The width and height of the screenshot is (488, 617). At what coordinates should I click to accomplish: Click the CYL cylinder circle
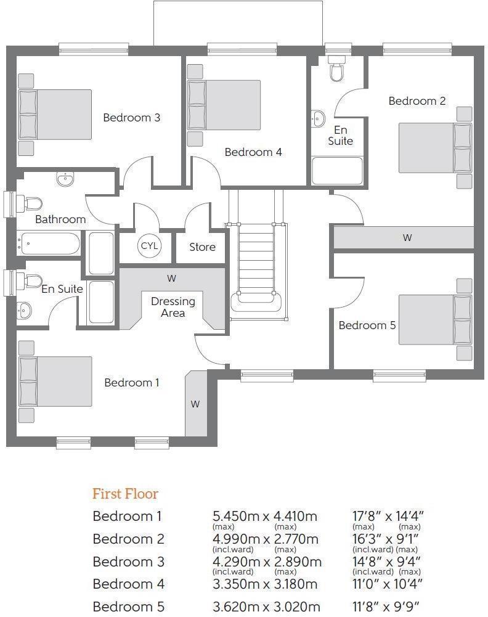(149, 246)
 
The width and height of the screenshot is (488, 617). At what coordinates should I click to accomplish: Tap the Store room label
(202, 247)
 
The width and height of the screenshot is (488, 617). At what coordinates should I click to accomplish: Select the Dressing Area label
(173, 307)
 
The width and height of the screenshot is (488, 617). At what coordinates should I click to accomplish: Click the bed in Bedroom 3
(55, 115)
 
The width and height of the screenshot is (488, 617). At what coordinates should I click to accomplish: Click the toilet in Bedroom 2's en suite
(336, 68)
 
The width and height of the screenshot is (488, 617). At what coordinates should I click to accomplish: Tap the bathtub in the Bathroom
(49, 244)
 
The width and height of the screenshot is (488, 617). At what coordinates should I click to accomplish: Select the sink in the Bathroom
(65, 179)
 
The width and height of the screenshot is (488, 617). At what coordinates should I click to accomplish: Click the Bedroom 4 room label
(253, 152)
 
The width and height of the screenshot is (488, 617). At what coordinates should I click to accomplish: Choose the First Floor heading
(125, 494)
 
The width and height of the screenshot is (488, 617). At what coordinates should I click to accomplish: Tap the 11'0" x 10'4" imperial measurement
(387, 584)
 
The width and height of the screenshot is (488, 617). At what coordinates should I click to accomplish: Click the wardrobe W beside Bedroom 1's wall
(195, 404)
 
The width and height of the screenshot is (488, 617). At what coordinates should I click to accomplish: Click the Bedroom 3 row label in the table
(123, 562)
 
